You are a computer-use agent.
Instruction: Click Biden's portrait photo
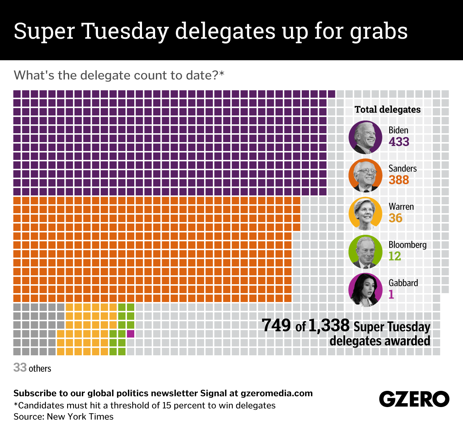365,137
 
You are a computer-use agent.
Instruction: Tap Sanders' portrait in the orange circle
365,176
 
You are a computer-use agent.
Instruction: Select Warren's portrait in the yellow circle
365,214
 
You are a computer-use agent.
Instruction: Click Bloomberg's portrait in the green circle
365,252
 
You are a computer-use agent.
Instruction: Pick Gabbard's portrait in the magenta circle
365,290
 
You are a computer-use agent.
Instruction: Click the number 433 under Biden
399,142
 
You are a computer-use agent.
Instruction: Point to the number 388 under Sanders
399,180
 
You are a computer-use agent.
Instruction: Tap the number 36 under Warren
395,218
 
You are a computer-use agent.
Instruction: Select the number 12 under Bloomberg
395,256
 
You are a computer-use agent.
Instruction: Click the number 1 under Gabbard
391,294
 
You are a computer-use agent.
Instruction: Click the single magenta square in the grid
130,334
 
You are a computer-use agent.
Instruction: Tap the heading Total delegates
387,110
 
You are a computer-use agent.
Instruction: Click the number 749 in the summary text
276,326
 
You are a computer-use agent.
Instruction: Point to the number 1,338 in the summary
329,326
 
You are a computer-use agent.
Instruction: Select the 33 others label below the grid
32,368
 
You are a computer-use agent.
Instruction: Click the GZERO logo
414,399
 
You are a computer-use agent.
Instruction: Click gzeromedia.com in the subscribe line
277,394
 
